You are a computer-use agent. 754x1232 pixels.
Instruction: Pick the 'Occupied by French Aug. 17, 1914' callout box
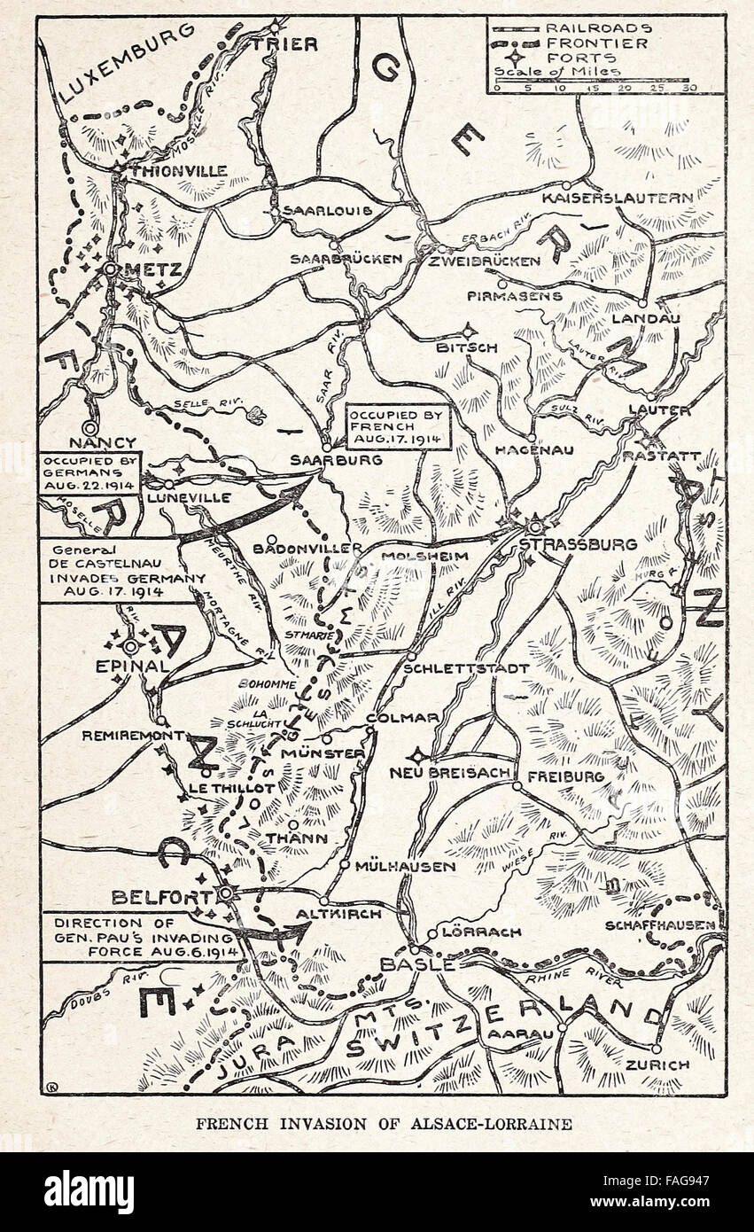click(398, 427)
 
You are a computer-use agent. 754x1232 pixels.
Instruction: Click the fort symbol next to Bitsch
click(469, 329)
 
